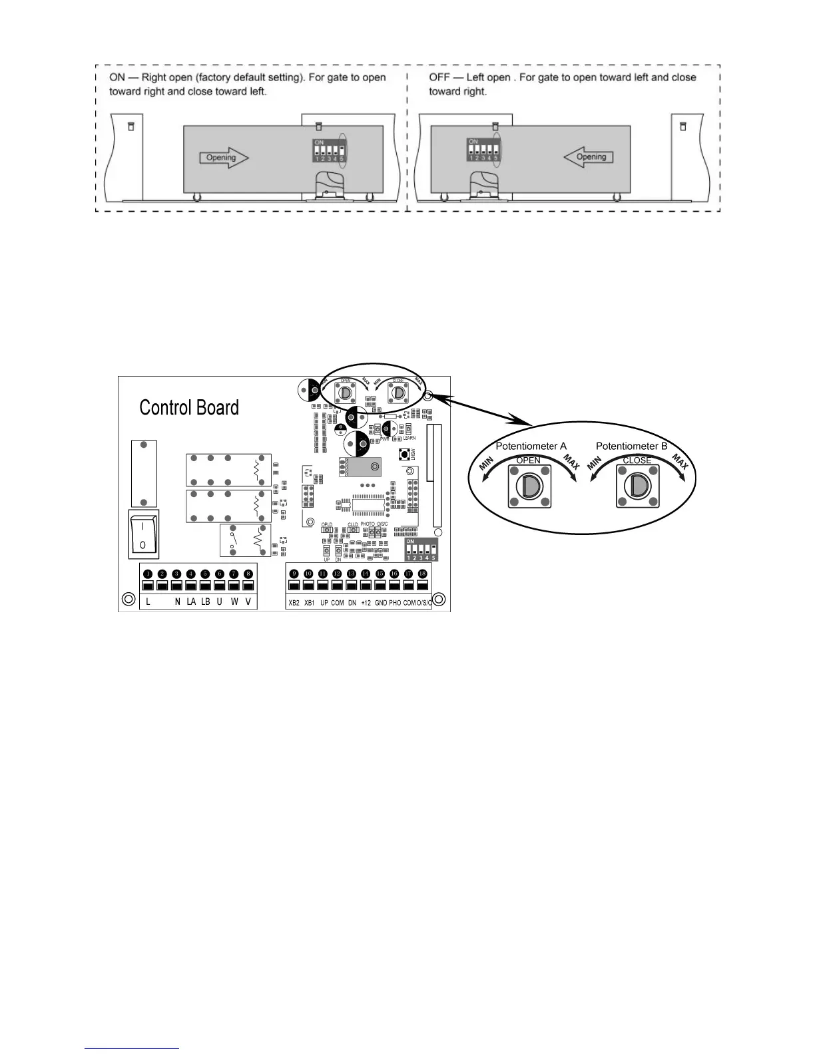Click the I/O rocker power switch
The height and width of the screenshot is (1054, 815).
tap(143, 535)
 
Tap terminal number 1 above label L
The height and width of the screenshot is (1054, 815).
tap(148, 574)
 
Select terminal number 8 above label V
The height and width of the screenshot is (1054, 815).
tap(248, 574)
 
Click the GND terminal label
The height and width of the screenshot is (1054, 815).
tap(380, 603)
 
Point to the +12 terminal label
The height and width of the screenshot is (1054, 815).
tap(366, 603)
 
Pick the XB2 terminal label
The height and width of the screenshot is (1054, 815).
tap(294, 603)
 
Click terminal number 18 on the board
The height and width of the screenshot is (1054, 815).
tap(422, 574)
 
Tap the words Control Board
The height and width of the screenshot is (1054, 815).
tap(189, 408)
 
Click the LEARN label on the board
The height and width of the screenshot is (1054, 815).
tap(409, 438)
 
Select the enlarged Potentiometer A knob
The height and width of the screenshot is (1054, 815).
tap(529, 486)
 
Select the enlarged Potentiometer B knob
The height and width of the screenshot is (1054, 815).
tap(637, 486)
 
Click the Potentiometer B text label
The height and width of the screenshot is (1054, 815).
tap(631, 446)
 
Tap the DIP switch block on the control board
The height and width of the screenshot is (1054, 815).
tap(421, 551)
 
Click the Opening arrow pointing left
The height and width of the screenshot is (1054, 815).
tap(588, 158)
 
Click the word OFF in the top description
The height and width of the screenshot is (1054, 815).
tap(439, 77)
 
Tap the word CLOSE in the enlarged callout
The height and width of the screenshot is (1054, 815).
tap(637, 460)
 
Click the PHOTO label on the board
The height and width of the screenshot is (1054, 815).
tap(368, 524)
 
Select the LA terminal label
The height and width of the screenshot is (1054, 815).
tap(191, 603)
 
